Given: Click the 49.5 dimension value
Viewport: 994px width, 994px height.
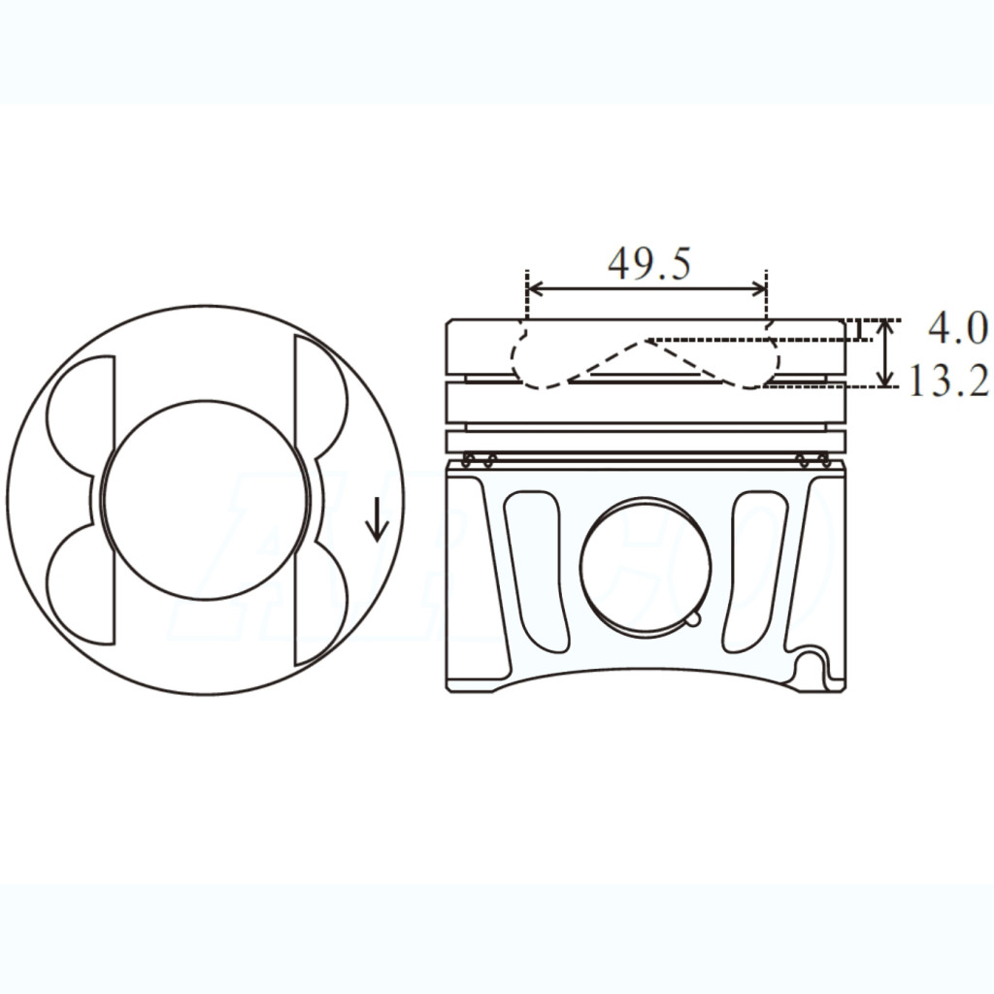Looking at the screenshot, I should click(649, 263).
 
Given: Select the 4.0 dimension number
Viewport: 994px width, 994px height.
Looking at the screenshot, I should click(956, 329).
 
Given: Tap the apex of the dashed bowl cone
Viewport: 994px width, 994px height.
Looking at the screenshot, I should click(645, 341).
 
